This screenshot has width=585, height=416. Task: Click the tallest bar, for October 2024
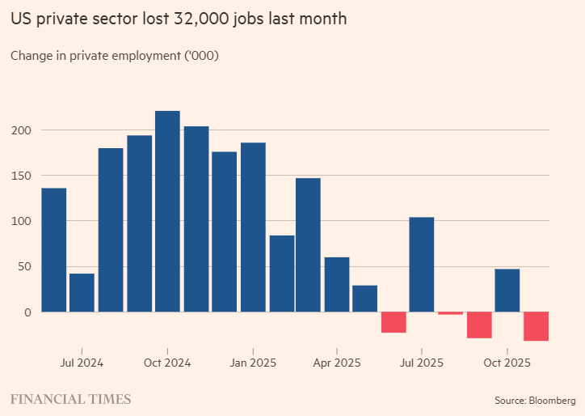click(167, 211)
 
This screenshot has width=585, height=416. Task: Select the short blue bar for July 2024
click(82, 292)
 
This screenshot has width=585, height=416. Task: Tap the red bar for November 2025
click(536, 326)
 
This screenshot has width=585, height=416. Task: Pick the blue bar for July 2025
click(422, 264)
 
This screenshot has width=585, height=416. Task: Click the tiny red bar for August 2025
click(450, 313)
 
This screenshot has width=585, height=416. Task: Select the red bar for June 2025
click(394, 322)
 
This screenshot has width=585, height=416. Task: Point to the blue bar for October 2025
click(507, 290)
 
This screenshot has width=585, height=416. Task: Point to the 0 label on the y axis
click(27, 312)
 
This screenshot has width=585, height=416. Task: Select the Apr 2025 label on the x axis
click(336, 363)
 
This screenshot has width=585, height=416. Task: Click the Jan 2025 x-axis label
click(253, 363)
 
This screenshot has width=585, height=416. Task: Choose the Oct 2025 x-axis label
click(507, 363)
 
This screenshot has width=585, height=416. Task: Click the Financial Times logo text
click(70, 399)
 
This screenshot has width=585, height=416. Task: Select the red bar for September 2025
click(479, 325)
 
